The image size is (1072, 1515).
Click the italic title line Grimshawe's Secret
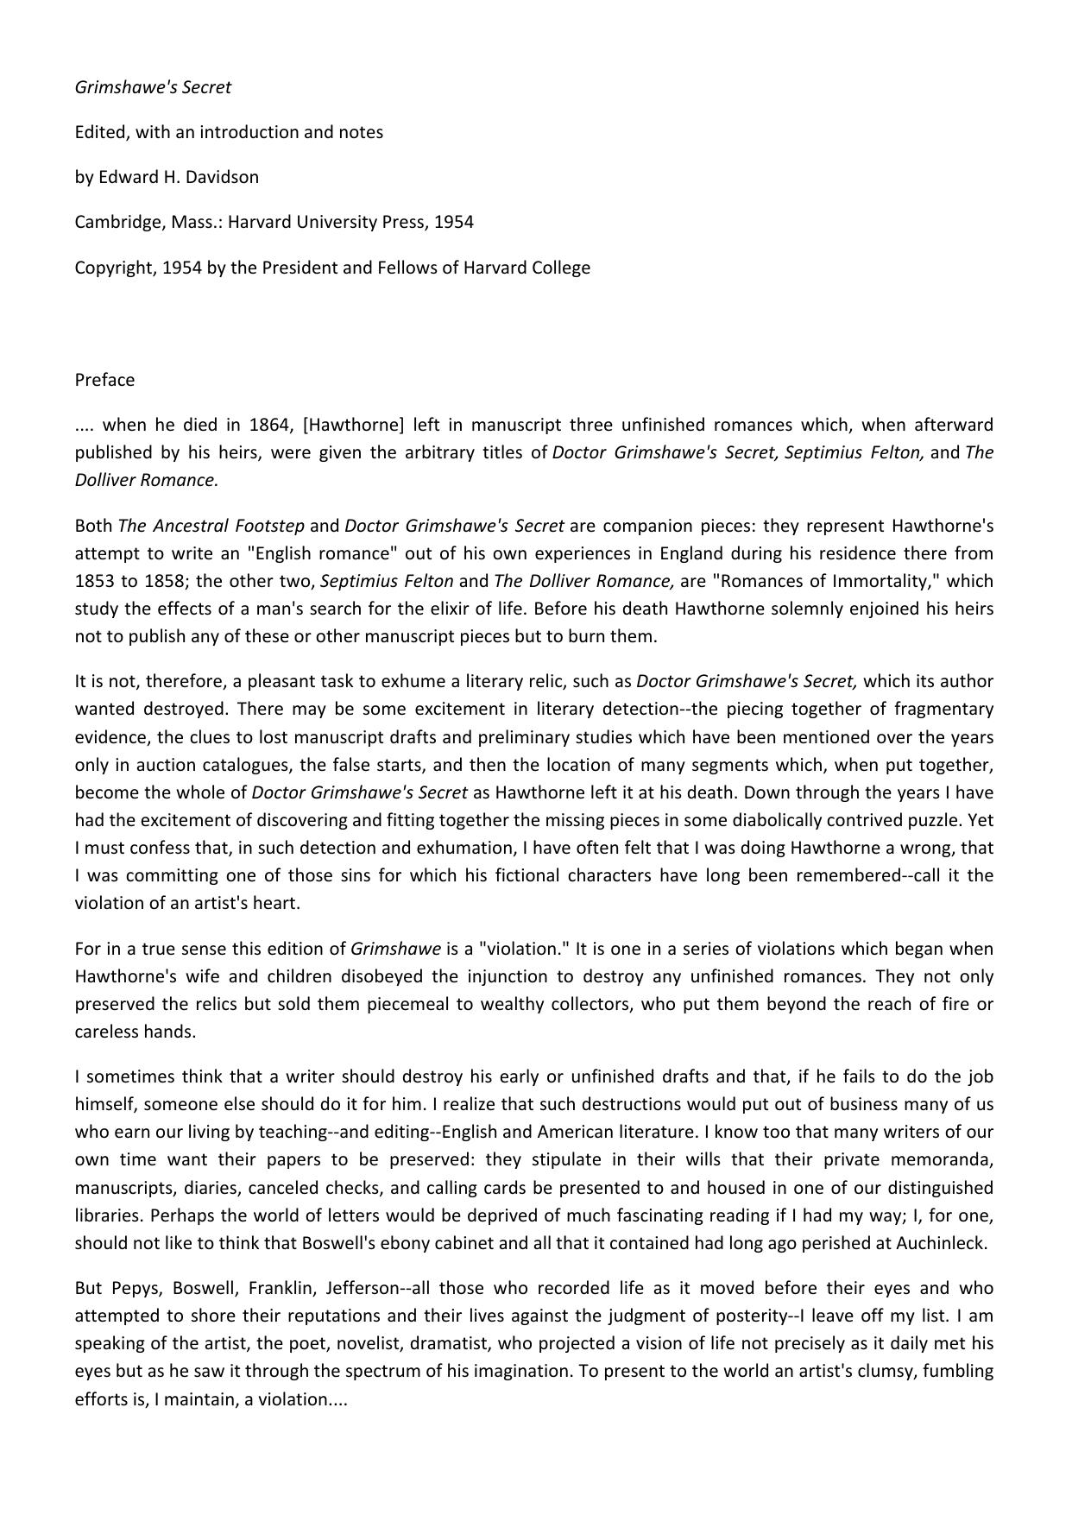point(153,87)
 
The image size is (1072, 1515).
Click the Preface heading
point(104,380)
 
